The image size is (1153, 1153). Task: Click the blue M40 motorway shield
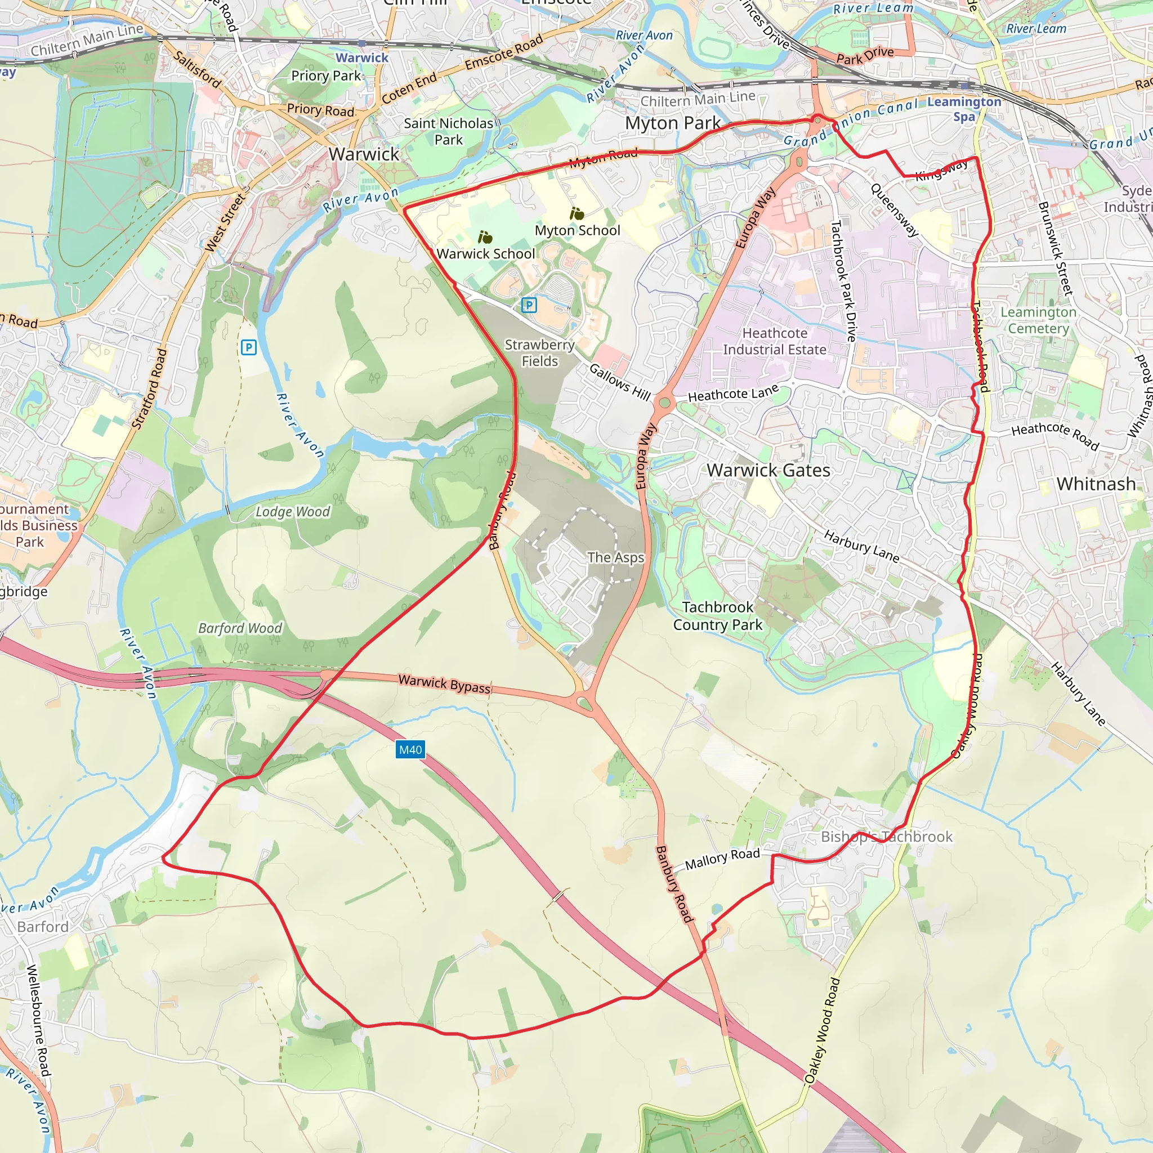(x=410, y=749)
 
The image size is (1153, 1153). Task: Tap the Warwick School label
(x=486, y=254)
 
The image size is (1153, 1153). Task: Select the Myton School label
(x=577, y=230)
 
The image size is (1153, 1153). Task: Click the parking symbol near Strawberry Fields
(x=529, y=306)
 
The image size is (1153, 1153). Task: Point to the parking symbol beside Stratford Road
(x=249, y=347)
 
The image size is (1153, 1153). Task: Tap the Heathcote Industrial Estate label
(x=775, y=341)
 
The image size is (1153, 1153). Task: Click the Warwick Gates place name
(x=768, y=470)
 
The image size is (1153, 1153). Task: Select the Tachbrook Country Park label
(x=717, y=616)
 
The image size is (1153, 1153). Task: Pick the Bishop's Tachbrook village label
(x=886, y=837)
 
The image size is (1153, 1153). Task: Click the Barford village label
(x=43, y=927)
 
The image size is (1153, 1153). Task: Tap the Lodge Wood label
(x=292, y=512)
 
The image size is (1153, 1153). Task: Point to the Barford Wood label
(x=240, y=628)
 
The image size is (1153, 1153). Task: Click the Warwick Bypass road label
(x=445, y=684)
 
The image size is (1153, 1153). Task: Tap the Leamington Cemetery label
(x=1038, y=320)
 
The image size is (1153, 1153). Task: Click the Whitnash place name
(x=1096, y=484)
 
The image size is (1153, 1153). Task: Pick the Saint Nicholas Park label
(x=449, y=131)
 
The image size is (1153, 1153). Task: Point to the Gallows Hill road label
(x=619, y=382)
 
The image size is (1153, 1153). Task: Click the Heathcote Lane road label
(x=734, y=394)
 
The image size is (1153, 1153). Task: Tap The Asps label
(x=615, y=557)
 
